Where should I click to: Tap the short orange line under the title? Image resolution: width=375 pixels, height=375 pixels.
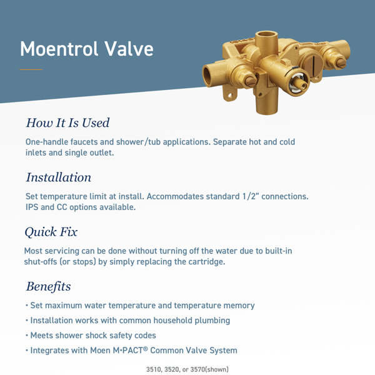coord(31,69)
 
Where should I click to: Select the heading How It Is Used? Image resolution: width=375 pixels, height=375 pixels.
coord(67,122)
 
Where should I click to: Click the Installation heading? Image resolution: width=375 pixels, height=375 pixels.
coord(58,177)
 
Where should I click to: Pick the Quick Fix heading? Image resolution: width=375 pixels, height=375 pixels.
coord(51,232)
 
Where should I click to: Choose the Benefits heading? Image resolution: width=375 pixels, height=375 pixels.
coord(48,287)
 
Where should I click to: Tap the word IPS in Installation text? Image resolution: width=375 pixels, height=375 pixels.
coord(32,207)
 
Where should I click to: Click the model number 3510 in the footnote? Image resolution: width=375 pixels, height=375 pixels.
coord(154,369)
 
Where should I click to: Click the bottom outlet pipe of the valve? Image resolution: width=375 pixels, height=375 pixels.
coord(266,103)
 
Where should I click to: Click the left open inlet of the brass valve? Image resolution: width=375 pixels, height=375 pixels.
coord(208,76)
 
